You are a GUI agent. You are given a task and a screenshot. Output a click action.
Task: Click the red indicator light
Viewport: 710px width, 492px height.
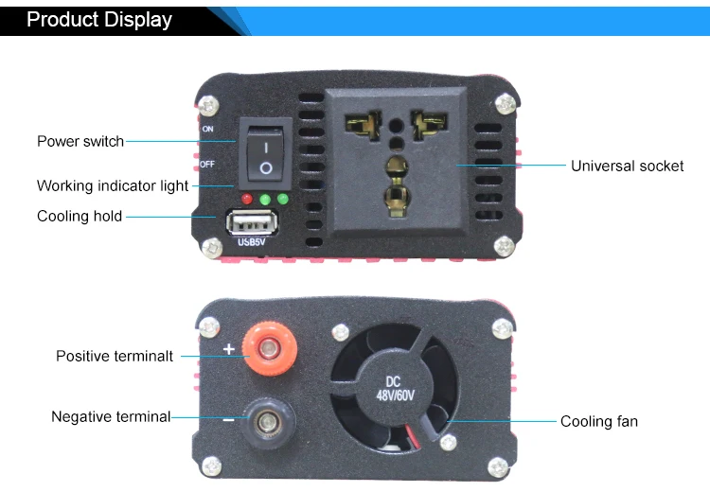point(247,199)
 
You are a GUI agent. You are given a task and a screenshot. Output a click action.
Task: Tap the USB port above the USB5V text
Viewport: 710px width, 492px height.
point(252,222)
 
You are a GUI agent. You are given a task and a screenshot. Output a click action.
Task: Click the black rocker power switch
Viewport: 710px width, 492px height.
point(266,154)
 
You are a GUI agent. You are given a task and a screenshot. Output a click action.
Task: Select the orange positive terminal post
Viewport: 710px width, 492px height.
point(270,348)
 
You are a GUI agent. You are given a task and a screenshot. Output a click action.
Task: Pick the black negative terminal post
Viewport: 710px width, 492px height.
point(268,423)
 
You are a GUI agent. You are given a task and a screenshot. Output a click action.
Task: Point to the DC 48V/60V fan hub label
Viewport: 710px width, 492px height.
point(395,388)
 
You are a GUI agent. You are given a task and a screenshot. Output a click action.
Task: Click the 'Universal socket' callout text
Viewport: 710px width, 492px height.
point(627,167)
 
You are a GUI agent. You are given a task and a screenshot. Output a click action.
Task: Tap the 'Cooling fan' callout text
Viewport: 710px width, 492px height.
point(599,421)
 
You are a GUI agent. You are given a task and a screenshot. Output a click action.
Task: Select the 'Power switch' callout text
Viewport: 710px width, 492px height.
point(80,141)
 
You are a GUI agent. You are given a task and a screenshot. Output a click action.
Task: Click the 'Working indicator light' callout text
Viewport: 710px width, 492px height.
point(113,186)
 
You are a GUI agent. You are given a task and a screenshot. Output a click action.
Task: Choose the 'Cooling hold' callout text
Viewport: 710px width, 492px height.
point(80,217)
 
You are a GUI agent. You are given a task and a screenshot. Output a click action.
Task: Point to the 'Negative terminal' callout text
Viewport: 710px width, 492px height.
point(111,416)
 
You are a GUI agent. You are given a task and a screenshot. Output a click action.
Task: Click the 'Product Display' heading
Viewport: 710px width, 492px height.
point(99,20)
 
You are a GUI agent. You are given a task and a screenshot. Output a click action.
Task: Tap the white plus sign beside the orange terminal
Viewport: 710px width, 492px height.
point(229,349)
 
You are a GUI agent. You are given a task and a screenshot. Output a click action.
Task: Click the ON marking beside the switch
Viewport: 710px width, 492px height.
point(208,129)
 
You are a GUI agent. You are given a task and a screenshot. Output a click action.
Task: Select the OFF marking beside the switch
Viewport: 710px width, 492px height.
point(207,165)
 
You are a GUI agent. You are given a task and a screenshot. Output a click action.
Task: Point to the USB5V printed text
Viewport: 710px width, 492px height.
point(251,242)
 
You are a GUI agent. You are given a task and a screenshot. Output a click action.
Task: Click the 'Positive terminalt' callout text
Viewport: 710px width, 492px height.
point(115,356)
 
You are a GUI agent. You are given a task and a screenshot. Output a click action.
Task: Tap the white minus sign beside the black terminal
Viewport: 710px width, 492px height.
point(229,420)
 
